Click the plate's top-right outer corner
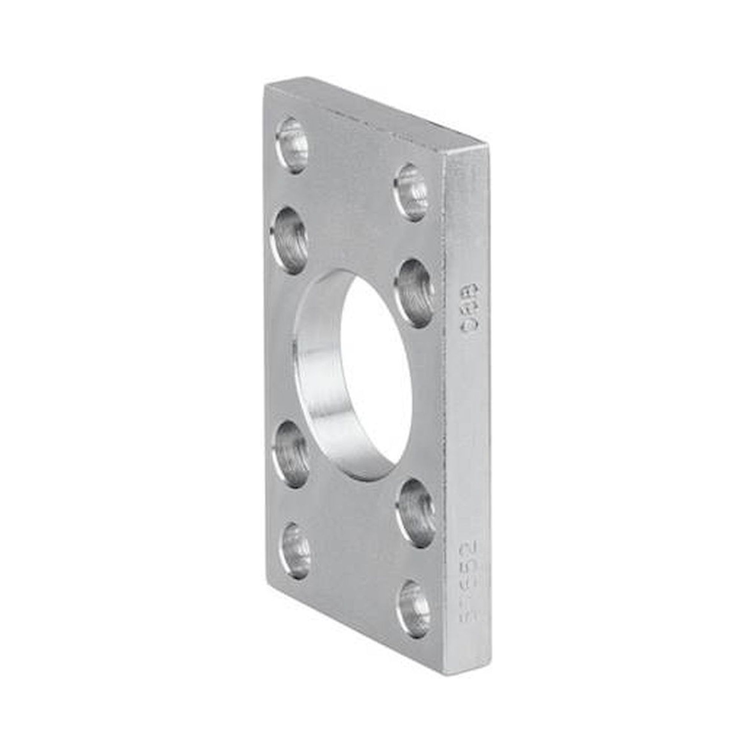coord(488,145)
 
